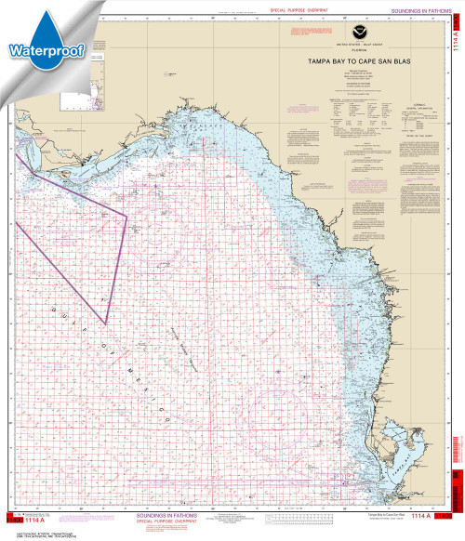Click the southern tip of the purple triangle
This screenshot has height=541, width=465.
[x=105, y=323]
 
